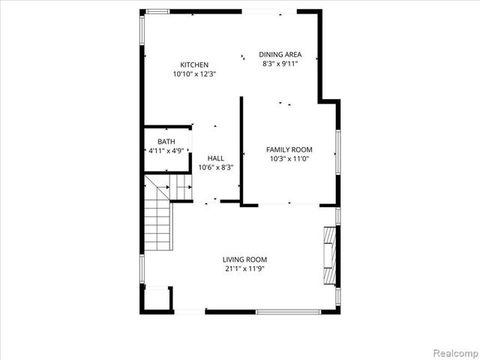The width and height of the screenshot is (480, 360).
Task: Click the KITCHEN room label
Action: (x=194, y=64)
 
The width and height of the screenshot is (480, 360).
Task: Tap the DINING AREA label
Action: (x=280, y=54)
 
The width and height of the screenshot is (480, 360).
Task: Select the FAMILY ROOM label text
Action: (x=289, y=149)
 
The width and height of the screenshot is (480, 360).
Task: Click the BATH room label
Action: (x=166, y=142)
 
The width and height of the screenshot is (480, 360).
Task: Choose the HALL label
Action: (x=216, y=158)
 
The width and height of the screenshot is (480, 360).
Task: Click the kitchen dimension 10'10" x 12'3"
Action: (x=194, y=74)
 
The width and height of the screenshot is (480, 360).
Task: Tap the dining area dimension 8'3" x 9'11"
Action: (x=280, y=64)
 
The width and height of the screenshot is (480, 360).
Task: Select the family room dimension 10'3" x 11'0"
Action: (x=289, y=159)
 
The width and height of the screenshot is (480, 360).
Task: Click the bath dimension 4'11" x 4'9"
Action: (x=166, y=151)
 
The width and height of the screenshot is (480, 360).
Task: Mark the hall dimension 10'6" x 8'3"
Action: (x=216, y=167)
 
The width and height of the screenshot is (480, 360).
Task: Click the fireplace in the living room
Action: (x=328, y=255)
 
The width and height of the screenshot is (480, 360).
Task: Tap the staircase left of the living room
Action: (x=158, y=221)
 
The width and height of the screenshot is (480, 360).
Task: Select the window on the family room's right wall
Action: (x=338, y=151)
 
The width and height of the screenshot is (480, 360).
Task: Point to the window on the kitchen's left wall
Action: (x=142, y=37)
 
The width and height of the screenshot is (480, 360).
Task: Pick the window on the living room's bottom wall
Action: (x=289, y=311)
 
